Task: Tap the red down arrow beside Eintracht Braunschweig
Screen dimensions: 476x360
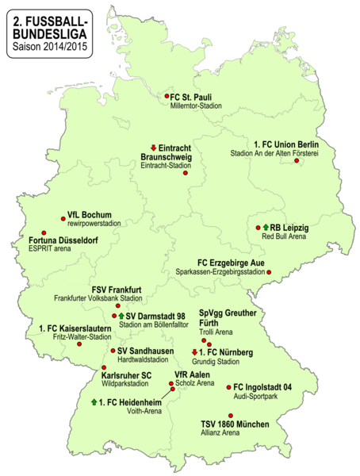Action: (154, 148)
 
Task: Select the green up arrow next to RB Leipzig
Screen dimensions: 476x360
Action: (266, 228)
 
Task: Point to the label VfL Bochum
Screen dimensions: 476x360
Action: (90, 215)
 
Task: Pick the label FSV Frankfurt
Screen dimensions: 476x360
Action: (117, 289)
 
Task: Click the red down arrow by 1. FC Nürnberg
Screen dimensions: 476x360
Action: (194, 351)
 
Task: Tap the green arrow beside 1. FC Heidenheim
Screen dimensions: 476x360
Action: (94, 402)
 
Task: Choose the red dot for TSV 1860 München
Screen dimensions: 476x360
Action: (231, 415)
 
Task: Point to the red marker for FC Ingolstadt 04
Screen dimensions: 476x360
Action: (228, 387)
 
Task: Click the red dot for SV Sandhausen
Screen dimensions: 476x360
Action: (113, 350)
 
